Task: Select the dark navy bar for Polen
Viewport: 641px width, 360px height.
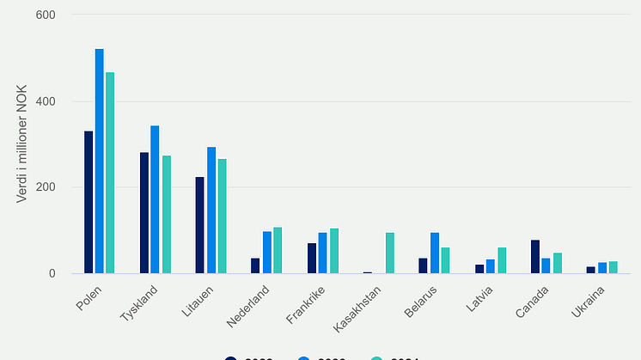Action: pyautogui.click(x=89, y=203)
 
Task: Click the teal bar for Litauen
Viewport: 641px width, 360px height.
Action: pyautogui.click(x=222, y=217)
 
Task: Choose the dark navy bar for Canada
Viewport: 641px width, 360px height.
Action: pyautogui.click(x=534, y=257)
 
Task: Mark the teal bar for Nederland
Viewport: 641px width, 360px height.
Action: pyautogui.click(x=278, y=251)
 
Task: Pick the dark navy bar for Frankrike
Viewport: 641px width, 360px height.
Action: pyautogui.click(x=312, y=259)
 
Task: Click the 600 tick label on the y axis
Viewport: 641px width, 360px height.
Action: pyautogui.click(x=46, y=15)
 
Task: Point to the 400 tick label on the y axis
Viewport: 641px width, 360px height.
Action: pyautogui.click(x=46, y=101)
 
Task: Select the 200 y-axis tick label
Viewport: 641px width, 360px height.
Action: pyautogui.click(x=46, y=187)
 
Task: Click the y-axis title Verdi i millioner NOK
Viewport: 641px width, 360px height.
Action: pyautogui.click(x=22, y=143)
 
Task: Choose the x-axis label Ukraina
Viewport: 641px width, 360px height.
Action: pyautogui.click(x=588, y=302)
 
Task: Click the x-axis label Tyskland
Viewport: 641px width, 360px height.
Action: pyautogui.click(x=137, y=302)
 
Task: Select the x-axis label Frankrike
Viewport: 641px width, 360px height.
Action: pyautogui.click(x=303, y=303)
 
